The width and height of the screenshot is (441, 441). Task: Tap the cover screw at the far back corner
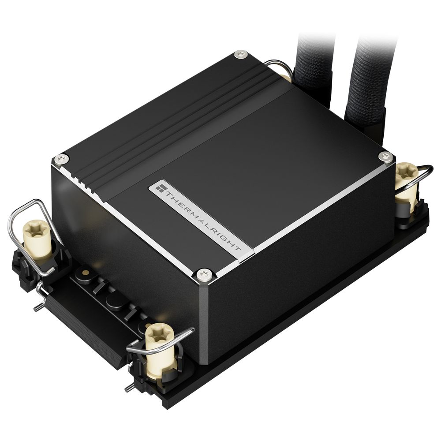[x=240, y=54]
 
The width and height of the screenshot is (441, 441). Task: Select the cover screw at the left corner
[x=61, y=158]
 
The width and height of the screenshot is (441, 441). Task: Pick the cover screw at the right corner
[x=385, y=156]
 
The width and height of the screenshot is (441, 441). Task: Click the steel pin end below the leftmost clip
[x=38, y=307]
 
